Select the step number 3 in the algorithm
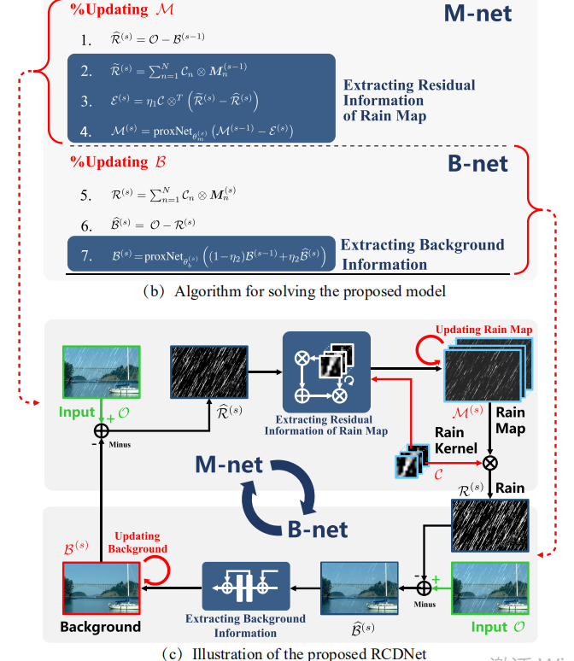(85, 101)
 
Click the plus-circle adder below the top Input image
(101, 430)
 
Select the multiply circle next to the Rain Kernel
(490, 462)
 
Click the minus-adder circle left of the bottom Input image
(424, 588)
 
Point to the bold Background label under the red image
(100, 628)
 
